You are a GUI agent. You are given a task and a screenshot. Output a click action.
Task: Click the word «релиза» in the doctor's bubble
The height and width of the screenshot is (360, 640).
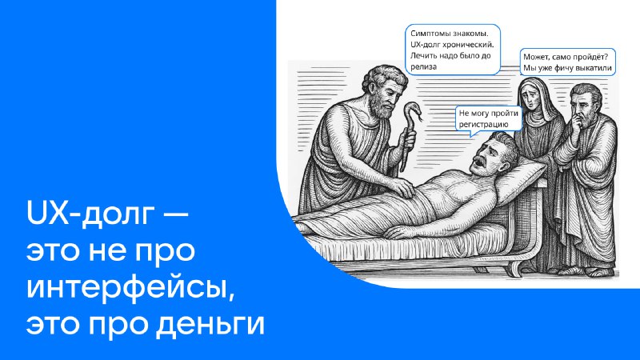[423, 66]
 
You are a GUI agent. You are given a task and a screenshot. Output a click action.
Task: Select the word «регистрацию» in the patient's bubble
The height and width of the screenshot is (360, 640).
[484, 125]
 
